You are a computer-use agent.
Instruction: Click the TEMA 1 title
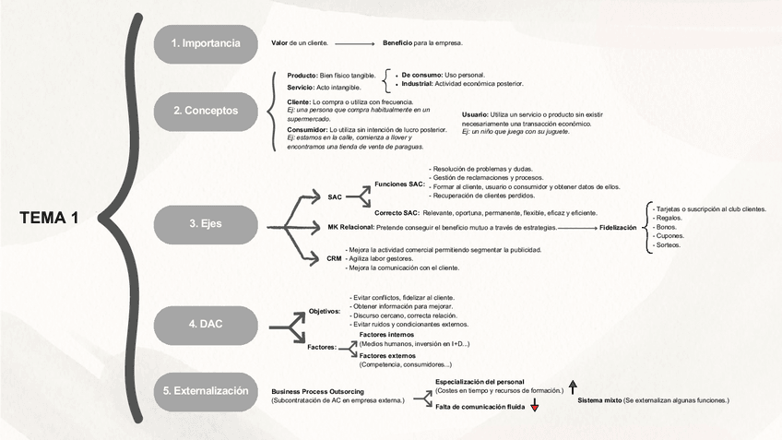[x=49, y=218]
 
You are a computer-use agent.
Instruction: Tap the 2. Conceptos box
[x=206, y=111]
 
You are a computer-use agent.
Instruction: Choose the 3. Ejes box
[x=206, y=223]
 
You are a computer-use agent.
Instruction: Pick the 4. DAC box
[x=206, y=324]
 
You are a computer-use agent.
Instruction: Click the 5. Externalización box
[x=206, y=390]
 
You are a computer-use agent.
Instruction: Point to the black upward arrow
[x=573, y=387]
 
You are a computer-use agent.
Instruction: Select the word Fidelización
[x=618, y=227]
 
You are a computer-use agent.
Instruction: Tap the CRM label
[x=334, y=258]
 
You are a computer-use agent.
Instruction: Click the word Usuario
[x=476, y=114]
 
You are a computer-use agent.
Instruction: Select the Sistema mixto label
[x=598, y=400]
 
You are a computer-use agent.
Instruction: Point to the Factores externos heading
[x=387, y=355]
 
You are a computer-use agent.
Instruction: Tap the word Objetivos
[x=325, y=312]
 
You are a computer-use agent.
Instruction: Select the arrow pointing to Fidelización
[x=577, y=227]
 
